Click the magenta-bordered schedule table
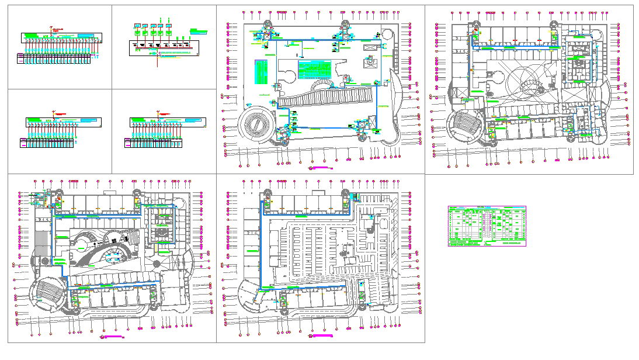click(x=487, y=226)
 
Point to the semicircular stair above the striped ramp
click(x=322, y=85)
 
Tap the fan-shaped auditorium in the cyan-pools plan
click(x=48, y=292)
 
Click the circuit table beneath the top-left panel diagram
click(x=54, y=58)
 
